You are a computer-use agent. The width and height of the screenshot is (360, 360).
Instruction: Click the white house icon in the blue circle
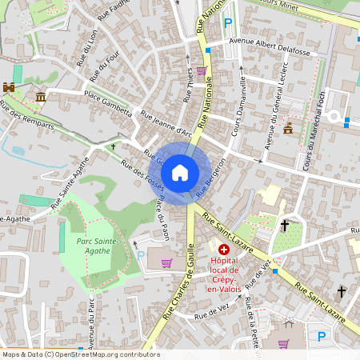(x=180, y=172)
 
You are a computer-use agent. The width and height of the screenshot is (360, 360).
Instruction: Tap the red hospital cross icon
(x=224, y=250)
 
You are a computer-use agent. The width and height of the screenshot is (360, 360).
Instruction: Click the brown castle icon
(x=10, y=86)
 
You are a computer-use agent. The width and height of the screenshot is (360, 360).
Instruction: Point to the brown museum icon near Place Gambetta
(x=40, y=97)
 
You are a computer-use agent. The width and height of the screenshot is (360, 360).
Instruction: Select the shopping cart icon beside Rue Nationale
(x=202, y=70)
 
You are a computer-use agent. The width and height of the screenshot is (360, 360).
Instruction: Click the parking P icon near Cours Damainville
(x=229, y=24)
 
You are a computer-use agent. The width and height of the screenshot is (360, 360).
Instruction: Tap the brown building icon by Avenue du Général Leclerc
(x=287, y=128)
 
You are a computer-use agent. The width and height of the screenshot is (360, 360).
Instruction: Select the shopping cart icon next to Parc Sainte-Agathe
(x=166, y=262)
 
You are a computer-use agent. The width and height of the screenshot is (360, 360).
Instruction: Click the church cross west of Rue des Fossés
(x=113, y=147)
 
